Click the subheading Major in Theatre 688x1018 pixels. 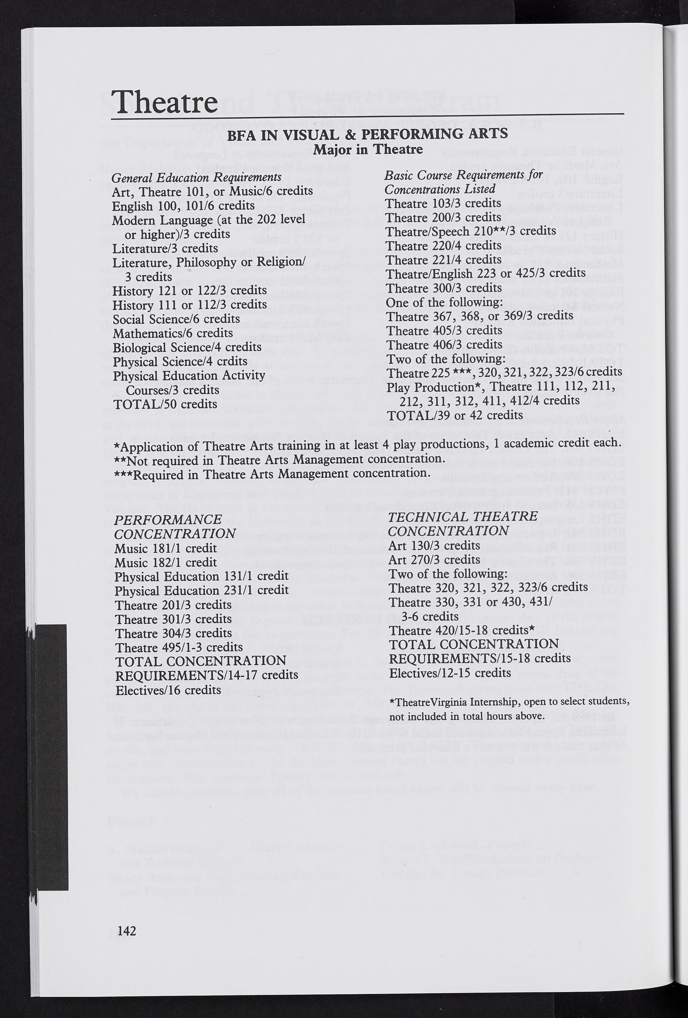coord(368,149)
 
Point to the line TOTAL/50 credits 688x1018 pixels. coord(165,404)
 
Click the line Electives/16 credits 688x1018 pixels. coord(168,690)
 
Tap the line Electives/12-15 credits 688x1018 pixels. coord(450,672)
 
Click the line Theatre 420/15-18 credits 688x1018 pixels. coord(461,630)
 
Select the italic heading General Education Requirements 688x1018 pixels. coord(196,177)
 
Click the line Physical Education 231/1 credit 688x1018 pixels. coord(202,590)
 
